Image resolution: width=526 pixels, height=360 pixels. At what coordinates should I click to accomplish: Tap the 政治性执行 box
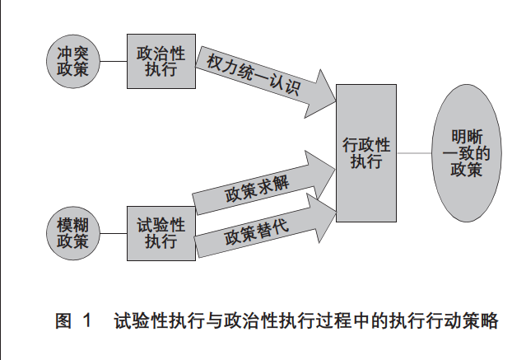[x=161, y=62]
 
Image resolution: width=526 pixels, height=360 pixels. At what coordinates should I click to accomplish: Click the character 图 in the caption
[x=64, y=322]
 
